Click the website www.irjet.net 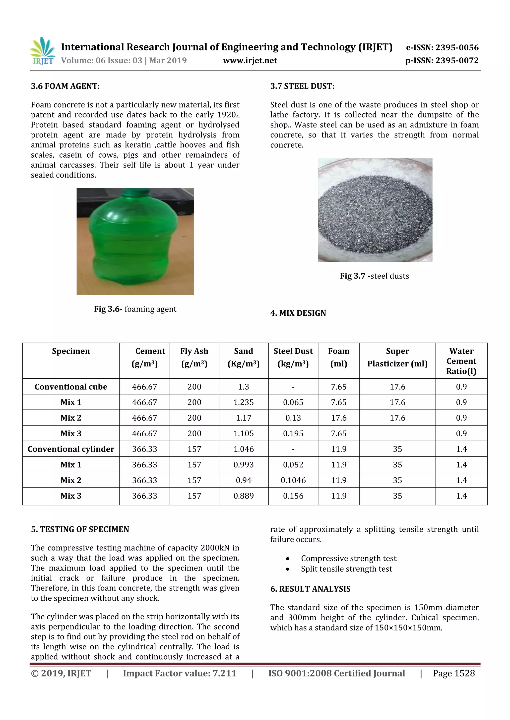(250, 60)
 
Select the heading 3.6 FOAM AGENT (65, 86)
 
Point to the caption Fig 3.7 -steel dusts (374, 276)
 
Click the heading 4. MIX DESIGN (298, 313)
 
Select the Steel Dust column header (293, 357)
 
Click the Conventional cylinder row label (71, 449)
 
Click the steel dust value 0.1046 (293, 480)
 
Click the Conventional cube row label (71, 387)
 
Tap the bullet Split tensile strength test (346, 569)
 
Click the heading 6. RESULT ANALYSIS (310, 589)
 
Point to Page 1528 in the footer (453, 673)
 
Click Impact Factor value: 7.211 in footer (180, 673)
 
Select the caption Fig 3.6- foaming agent (135, 309)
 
